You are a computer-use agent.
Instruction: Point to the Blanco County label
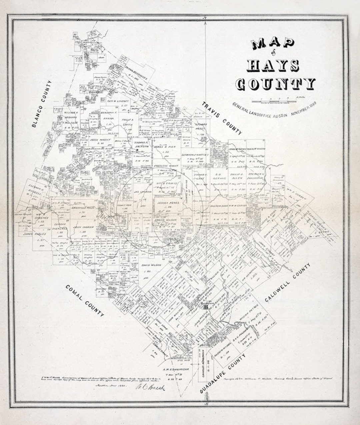42,104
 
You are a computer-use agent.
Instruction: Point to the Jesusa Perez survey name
166,202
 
